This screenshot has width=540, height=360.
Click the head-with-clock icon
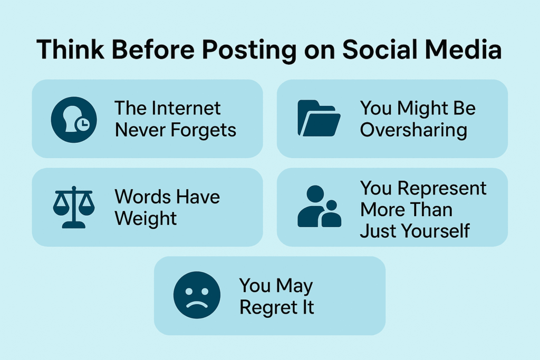(73, 120)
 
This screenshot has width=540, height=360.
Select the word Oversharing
(413, 130)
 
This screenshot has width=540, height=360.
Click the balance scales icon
(73, 207)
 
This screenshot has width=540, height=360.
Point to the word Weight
(146, 218)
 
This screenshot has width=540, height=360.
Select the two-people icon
(319, 207)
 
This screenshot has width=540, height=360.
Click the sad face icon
(197, 295)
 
